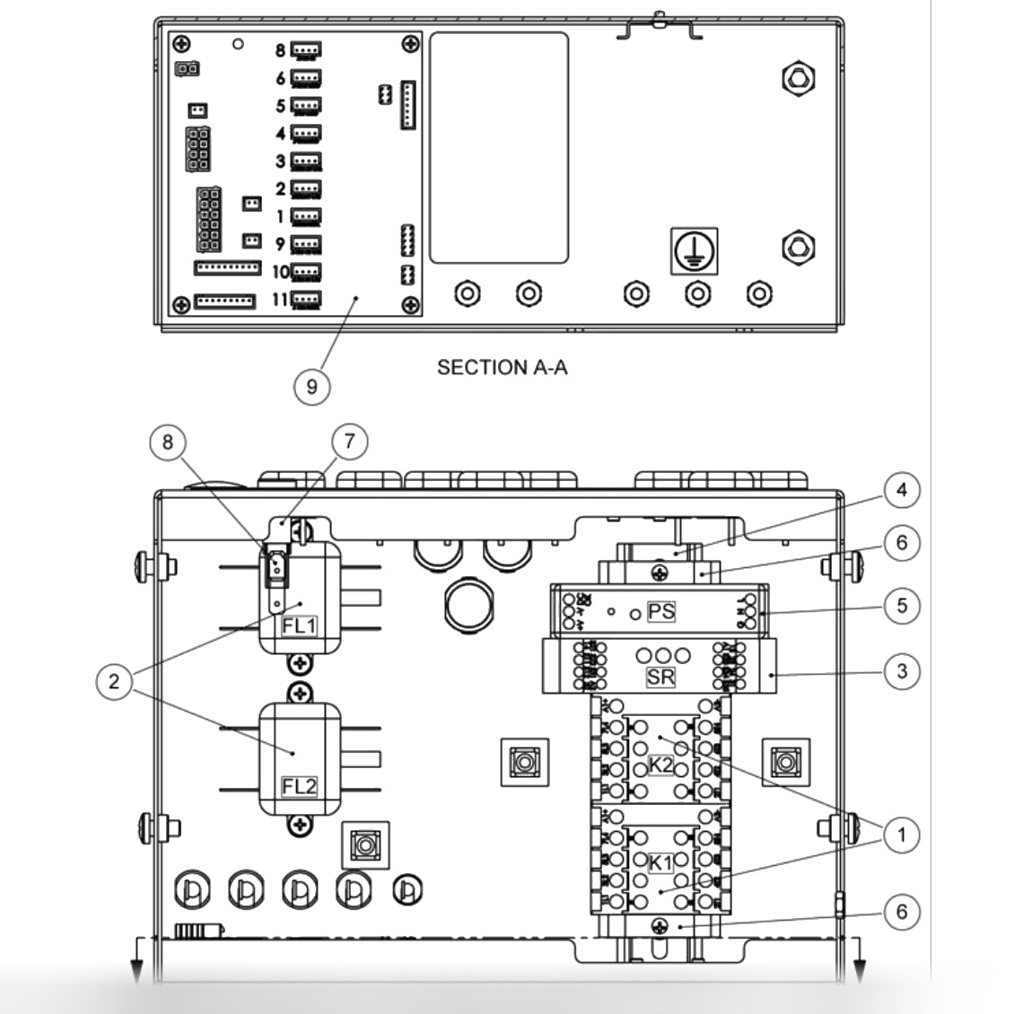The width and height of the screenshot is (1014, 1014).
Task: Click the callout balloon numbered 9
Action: coord(312,387)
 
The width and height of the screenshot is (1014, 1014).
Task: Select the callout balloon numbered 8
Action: coord(169,441)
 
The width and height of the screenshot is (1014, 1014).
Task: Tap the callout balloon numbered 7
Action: coord(349,441)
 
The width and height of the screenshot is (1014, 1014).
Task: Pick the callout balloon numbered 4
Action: coord(902,490)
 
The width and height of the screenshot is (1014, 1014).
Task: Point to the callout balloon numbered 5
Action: coord(902,605)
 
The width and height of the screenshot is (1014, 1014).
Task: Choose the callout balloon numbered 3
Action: coord(902,670)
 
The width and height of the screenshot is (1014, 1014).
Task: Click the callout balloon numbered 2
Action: coord(113,682)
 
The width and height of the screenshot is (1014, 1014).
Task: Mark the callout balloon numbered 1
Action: coord(902,835)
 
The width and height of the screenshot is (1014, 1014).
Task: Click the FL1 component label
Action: coord(299,625)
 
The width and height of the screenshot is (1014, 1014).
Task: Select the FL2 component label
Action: coord(299,786)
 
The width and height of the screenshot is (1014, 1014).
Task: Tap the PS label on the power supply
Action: coord(660,613)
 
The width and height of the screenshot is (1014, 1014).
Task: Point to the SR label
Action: coord(660,677)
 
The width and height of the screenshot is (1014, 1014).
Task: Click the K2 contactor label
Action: coord(661,765)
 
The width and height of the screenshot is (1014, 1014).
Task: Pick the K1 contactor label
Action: coord(661,863)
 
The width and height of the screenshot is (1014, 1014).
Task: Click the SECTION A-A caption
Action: coord(502,367)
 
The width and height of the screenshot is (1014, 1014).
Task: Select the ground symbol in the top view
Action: coord(695,250)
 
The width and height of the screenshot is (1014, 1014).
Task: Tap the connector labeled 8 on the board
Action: coord(308,50)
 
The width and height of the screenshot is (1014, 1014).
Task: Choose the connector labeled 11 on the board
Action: coord(308,301)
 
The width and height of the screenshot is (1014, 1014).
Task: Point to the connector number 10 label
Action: coord(281,272)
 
